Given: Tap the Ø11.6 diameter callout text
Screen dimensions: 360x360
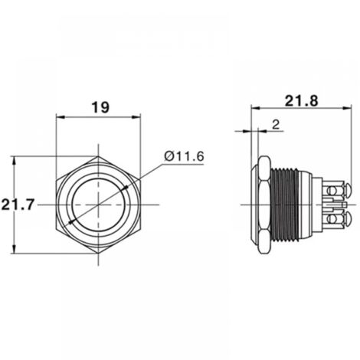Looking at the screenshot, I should (185, 156).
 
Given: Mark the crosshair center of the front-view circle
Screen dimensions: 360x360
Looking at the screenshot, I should (99, 205).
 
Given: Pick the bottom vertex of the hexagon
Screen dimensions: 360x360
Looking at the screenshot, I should (99, 254).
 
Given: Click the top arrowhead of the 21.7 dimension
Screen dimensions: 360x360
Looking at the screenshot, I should (14, 160).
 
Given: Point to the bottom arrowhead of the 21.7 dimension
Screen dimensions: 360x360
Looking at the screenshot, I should (14, 250).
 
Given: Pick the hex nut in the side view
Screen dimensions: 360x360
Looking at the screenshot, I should (263, 205).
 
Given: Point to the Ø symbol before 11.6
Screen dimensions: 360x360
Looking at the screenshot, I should (168, 156).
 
